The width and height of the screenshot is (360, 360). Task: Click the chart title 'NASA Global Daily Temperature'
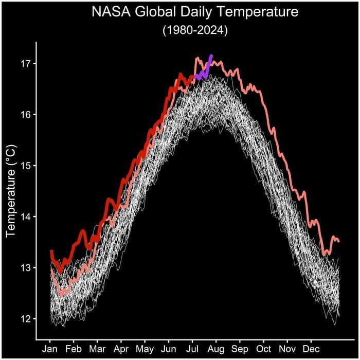[x=195, y=12]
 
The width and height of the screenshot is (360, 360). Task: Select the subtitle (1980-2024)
[x=195, y=30]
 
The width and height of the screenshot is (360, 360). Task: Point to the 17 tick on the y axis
[x=26, y=64]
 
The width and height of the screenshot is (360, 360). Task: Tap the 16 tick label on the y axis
[x=26, y=115]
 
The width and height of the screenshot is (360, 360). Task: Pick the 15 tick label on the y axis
[x=26, y=166]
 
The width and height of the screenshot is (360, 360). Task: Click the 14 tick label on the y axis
[x=26, y=217]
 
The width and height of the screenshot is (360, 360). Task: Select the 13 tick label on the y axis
[x=26, y=267]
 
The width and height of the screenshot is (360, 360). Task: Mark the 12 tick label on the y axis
[x=26, y=319]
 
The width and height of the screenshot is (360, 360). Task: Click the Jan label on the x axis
[x=50, y=348]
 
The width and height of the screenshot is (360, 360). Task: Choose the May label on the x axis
[x=145, y=348]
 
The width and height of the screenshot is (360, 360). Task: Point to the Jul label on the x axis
[x=192, y=348]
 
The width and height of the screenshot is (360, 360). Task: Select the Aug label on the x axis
[x=217, y=348]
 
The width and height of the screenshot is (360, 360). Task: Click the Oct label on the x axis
[x=263, y=348]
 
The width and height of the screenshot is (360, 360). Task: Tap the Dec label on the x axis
[x=311, y=348]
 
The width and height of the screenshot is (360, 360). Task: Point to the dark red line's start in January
[x=51, y=251]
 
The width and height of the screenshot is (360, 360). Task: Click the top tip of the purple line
[x=211, y=56]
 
